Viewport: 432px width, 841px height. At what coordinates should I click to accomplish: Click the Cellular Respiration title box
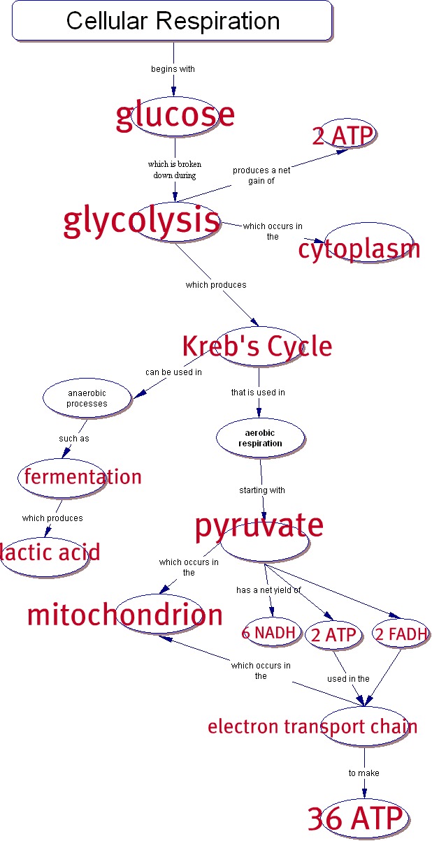[172, 20]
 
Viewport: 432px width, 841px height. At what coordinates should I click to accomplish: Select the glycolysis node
[143, 221]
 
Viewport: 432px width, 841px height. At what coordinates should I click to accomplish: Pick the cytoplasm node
[359, 249]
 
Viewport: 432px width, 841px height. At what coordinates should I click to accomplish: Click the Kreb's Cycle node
[257, 346]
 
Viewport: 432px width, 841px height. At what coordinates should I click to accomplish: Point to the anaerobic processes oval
[87, 398]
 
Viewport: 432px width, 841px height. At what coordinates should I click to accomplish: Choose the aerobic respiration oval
[260, 439]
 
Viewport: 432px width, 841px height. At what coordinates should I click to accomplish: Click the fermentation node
[82, 477]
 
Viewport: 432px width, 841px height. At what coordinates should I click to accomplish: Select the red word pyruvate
[259, 525]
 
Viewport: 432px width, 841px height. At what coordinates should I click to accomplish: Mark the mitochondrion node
[125, 615]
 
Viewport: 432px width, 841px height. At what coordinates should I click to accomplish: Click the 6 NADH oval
[271, 634]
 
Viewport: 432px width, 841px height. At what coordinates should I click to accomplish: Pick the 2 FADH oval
[401, 634]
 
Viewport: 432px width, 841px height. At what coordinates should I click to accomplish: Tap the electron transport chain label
[312, 726]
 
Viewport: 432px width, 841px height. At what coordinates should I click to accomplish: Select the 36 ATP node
[355, 818]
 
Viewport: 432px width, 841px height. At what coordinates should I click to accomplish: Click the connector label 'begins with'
[173, 69]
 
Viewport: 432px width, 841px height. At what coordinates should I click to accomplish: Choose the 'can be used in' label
[173, 372]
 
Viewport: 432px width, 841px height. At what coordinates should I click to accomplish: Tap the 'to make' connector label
[363, 773]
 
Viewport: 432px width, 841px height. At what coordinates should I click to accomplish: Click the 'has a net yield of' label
[268, 590]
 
